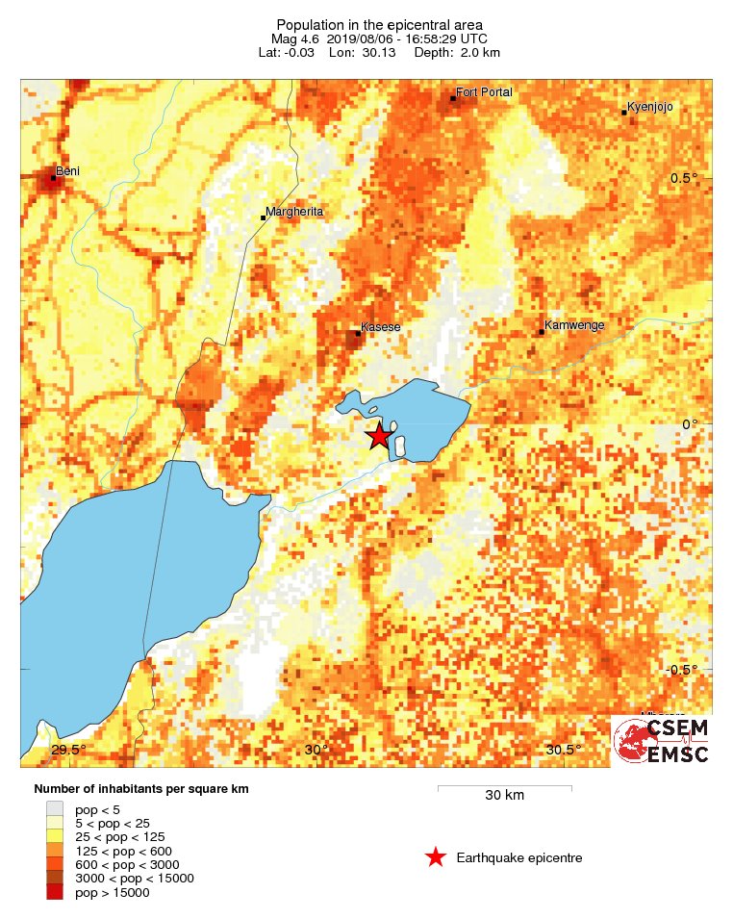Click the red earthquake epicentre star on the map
[x=379, y=436]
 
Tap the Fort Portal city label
[x=485, y=92]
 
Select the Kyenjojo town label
[x=651, y=107]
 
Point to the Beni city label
[x=67, y=171]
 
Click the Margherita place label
[x=294, y=212]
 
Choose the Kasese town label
[x=380, y=327]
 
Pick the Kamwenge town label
[x=574, y=325]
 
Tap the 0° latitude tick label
[x=689, y=423]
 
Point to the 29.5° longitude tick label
[x=68, y=750]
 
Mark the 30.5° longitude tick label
[x=563, y=750]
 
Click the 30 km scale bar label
[x=504, y=796]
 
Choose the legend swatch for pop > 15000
[x=55, y=892]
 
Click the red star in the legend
[x=436, y=857]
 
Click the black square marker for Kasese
[x=357, y=333]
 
